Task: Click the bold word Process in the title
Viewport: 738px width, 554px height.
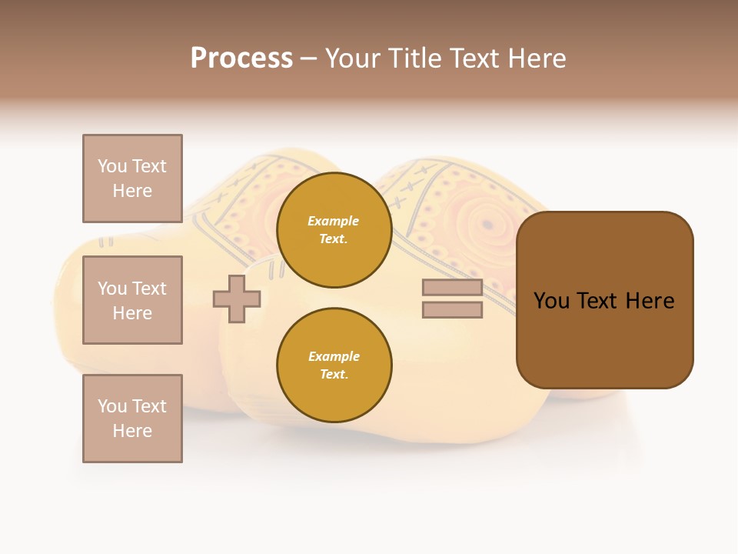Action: tap(241, 58)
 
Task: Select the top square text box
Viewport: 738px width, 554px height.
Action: tap(132, 179)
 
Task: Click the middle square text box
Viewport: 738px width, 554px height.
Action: tap(132, 300)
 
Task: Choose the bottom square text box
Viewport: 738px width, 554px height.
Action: tap(132, 419)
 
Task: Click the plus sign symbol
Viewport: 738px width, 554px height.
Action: tap(237, 299)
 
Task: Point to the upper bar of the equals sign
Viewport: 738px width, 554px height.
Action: tap(452, 288)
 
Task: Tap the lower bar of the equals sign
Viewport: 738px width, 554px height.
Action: tap(452, 310)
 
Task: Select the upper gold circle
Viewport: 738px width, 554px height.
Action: tap(334, 230)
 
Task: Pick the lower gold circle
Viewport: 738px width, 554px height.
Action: tap(334, 365)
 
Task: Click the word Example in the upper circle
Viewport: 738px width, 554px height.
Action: tap(334, 221)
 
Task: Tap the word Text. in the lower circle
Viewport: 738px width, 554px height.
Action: tap(334, 375)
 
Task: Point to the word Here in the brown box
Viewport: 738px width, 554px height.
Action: tap(650, 301)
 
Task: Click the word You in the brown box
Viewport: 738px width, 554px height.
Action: tap(551, 301)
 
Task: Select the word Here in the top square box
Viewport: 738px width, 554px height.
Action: tap(132, 191)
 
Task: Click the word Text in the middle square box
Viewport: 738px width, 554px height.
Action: tap(149, 289)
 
